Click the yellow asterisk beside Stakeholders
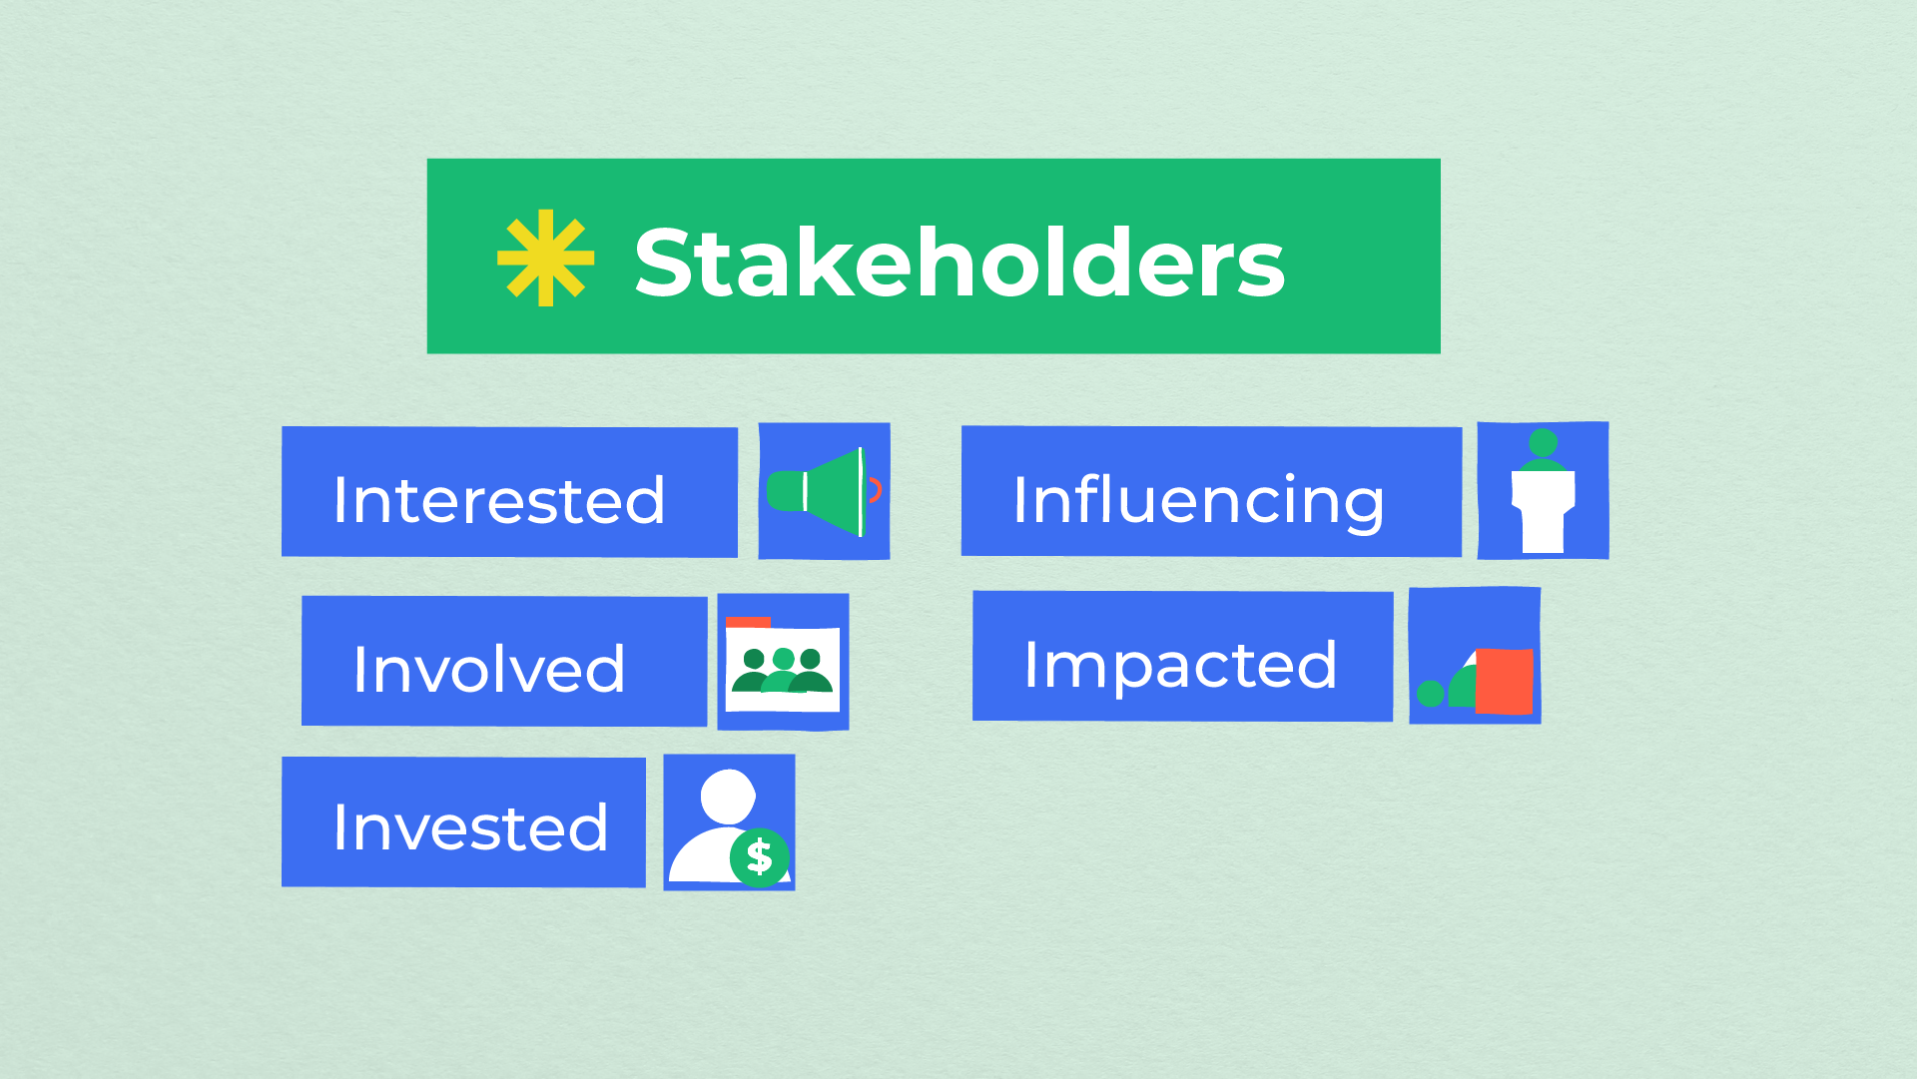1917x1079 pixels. (x=545, y=258)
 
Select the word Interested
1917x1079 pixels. (x=499, y=499)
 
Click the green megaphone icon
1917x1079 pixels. (x=816, y=492)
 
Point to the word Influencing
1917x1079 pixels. (x=1198, y=502)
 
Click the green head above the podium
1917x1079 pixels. (x=1543, y=442)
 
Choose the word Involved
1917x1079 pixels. (x=489, y=669)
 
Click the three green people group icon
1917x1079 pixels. (x=783, y=671)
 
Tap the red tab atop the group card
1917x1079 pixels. (x=748, y=622)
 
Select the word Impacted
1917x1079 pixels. (x=1180, y=667)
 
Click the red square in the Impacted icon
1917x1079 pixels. (x=1504, y=681)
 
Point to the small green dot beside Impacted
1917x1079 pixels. (x=1430, y=693)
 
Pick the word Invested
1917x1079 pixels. (x=470, y=827)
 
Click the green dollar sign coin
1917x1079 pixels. (x=760, y=857)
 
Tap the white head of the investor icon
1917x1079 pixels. (x=728, y=797)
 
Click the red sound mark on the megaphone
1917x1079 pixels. (x=876, y=489)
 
